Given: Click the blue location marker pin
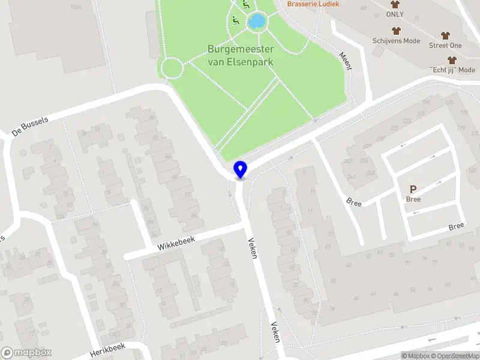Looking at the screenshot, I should point(241,169).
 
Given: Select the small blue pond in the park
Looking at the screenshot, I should point(257,22).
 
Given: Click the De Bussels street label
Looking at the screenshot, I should point(30,125).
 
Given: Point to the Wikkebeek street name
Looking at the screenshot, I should point(177,243).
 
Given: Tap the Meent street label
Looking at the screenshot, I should point(345,60).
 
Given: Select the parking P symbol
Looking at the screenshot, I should point(413,189).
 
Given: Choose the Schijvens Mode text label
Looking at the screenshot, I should point(396,41).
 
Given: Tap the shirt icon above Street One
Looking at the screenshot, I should point(445,35).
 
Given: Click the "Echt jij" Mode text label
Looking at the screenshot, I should point(452,70).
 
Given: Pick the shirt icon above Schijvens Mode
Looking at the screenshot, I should point(396,31).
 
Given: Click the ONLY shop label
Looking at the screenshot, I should point(395,14).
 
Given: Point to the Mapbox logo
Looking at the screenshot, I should point(26,352).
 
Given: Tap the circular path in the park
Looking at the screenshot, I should point(172,68).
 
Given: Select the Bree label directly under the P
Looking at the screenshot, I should point(413,199).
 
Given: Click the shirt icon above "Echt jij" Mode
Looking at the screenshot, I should point(452,60).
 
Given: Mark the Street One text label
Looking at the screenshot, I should point(445,46).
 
